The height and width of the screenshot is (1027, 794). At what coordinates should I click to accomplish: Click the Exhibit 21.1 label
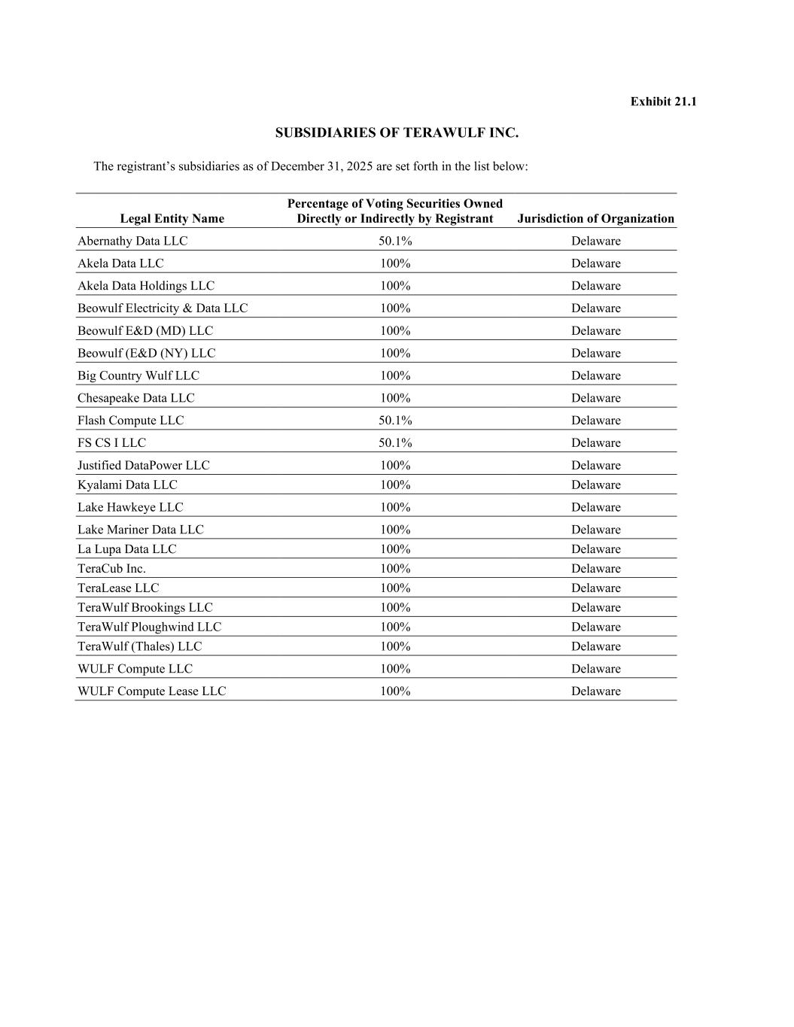tap(663, 102)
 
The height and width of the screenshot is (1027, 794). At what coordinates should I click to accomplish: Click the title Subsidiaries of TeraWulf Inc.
tap(397, 133)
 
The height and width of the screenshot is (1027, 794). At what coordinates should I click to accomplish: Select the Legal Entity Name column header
tap(172, 219)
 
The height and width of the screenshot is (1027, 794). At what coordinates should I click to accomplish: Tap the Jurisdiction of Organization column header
tap(595, 219)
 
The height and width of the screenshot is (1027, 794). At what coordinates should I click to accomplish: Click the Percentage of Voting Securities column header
tap(394, 211)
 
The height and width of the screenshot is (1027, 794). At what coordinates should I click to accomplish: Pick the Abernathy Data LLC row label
tap(132, 242)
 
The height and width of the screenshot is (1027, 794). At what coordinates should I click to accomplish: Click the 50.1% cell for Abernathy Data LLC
tap(394, 242)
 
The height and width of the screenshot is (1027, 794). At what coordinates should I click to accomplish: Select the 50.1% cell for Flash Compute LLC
tap(394, 421)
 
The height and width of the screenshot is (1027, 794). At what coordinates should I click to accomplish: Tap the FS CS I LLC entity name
tap(111, 443)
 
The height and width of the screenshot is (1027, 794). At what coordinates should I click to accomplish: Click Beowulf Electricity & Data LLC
tap(163, 308)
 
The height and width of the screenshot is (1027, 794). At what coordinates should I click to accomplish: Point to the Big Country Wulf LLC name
tap(138, 375)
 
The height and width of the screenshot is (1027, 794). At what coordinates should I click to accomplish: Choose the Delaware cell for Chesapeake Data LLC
tap(595, 398)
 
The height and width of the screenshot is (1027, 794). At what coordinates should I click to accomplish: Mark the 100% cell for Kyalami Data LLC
tap(394, 485)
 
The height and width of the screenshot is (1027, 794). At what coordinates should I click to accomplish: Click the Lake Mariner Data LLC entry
tap(140, 530)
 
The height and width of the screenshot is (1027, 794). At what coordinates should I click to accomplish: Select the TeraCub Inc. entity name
tap(111, 569)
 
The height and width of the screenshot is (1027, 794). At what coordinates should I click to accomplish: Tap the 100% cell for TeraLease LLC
tap(394, 588)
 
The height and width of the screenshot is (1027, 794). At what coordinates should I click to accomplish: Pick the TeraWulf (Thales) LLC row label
tap(139, 646)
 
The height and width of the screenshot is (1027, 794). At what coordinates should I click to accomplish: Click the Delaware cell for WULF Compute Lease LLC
tap(595, 691)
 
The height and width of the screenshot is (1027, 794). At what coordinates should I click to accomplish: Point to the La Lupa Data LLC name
tap(126, 549)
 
